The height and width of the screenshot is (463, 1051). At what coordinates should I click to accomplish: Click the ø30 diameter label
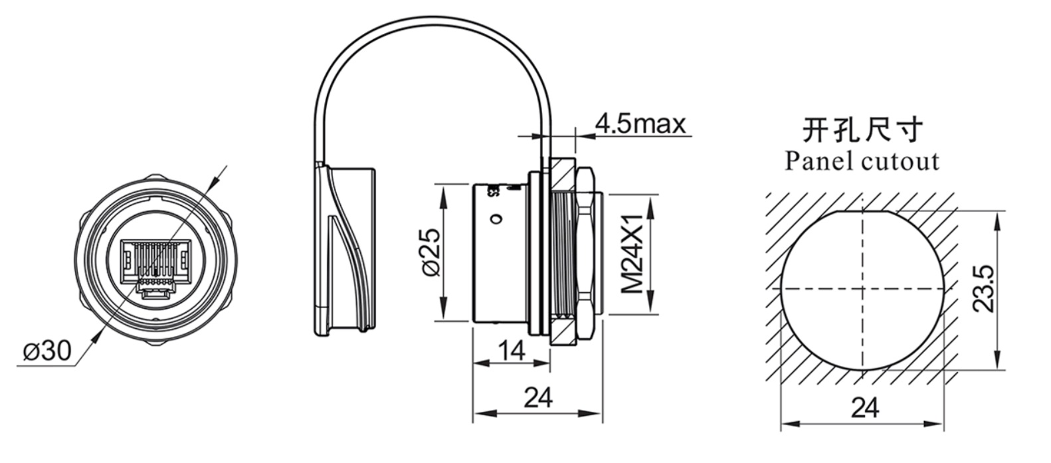[47, 350]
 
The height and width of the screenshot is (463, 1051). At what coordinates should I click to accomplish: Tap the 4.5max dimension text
[640, 124]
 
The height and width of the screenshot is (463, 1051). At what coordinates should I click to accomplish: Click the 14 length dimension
[511, 349]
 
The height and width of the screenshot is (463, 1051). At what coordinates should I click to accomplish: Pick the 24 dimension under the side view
[538, 398]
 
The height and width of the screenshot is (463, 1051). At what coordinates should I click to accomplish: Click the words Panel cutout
[862, 161]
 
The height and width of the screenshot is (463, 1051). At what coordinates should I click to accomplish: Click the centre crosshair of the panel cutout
[862, 289]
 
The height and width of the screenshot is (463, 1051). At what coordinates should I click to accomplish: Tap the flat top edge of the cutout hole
[862, 211]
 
